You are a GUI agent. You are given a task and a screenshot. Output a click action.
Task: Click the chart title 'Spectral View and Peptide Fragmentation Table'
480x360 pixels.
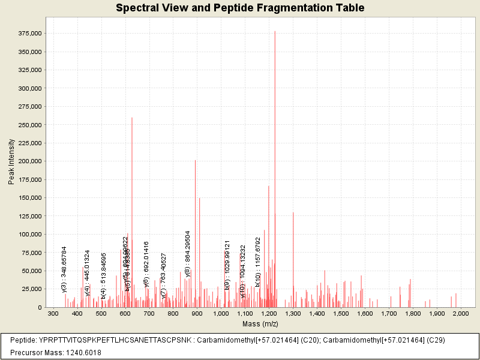[240, 8]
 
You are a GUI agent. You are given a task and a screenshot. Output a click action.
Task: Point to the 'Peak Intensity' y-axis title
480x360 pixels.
[11, 161]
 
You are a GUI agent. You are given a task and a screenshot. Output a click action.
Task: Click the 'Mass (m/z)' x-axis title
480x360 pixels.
[260, 324]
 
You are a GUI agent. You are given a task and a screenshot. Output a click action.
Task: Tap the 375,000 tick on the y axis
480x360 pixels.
[29, 34]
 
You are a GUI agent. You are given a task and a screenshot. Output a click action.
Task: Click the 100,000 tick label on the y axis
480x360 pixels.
[29, 235]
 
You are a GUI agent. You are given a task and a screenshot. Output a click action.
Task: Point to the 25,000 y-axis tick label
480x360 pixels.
[31, 289]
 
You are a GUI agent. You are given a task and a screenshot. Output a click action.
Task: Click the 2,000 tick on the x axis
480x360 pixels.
[461, 314]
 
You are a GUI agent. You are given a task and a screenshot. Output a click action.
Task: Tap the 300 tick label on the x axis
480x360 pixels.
[53, 314]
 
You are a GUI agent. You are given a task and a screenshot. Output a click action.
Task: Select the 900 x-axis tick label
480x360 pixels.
[197, 314]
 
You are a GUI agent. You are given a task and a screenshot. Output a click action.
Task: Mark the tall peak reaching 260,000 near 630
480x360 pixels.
[132, 180]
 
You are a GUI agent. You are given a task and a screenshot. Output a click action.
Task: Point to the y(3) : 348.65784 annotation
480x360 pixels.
[64, 269]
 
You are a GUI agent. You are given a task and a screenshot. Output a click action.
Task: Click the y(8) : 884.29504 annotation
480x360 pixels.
[188, 253]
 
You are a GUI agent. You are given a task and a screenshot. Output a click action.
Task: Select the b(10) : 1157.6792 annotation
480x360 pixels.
[257, 262]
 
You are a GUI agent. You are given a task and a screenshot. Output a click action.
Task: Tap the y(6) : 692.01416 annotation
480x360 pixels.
[146, 264]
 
